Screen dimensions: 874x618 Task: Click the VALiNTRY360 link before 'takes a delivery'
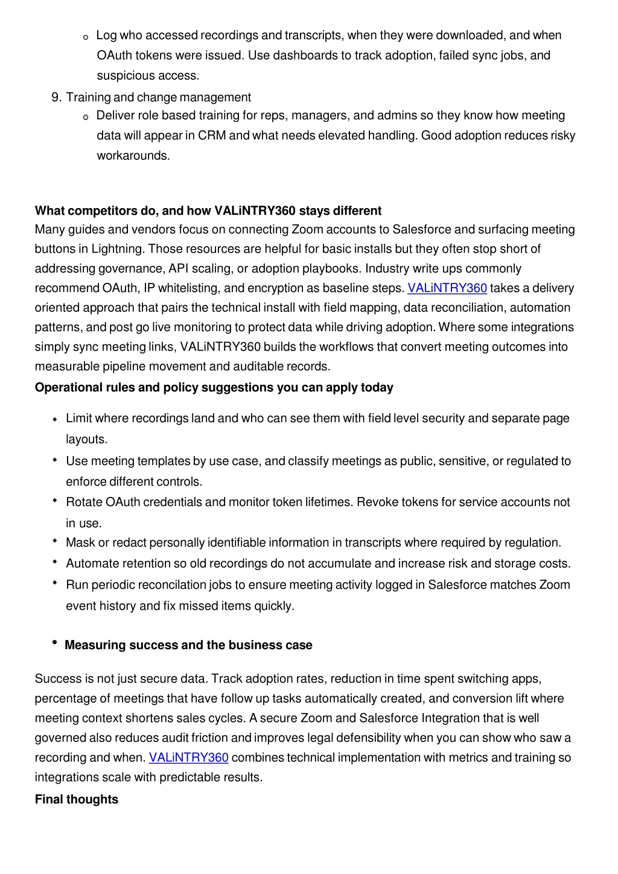point(447,288)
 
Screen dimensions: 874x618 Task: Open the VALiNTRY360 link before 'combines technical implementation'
point(188,758)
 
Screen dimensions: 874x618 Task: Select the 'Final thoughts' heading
point(77,799)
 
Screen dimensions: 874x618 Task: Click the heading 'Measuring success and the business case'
point(188,645)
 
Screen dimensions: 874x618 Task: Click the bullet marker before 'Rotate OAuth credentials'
point(55,501)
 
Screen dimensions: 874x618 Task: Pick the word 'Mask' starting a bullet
point(80,543)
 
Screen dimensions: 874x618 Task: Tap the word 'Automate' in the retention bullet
point(92,564)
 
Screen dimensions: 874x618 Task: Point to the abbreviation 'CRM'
point(211,136)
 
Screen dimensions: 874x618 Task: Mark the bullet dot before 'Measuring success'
point(55,642)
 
